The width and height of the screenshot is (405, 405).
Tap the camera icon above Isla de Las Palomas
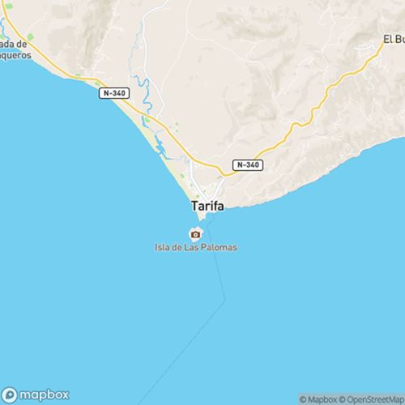195,234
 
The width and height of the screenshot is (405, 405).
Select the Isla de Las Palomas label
195,247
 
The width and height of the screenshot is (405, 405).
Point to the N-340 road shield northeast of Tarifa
248,164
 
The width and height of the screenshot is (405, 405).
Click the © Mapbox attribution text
318,399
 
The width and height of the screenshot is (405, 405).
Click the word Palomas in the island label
220,247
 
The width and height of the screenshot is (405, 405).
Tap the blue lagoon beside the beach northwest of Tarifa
160,147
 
